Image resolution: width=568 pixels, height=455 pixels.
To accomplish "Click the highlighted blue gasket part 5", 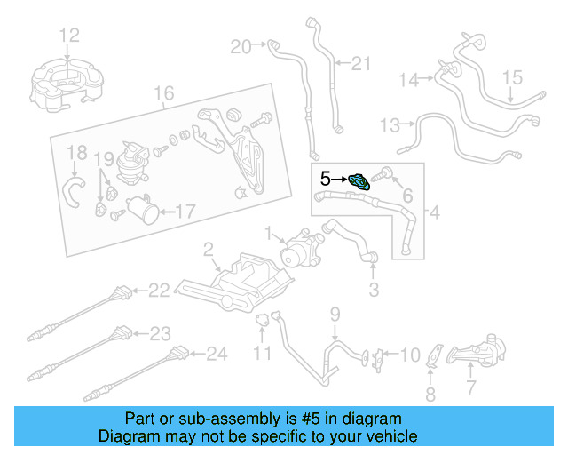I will tap(359, 182).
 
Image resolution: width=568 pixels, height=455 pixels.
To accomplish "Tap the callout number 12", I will tap(69, 36).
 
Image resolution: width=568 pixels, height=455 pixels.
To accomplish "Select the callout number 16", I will tap(163, 93).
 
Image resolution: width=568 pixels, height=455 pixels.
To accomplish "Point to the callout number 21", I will tap(359, 63).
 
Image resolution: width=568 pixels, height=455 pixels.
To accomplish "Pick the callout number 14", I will tap(407, 80).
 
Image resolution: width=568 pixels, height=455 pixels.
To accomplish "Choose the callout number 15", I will tap(514, 77).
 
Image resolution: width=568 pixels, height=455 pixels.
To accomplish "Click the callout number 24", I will tap(217, 355).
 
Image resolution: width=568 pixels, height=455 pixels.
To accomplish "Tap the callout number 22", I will tap(158, 290).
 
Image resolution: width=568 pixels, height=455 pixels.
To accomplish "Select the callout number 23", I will tap(160, 334).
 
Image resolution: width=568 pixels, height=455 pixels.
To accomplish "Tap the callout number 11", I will tap(262, 355).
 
